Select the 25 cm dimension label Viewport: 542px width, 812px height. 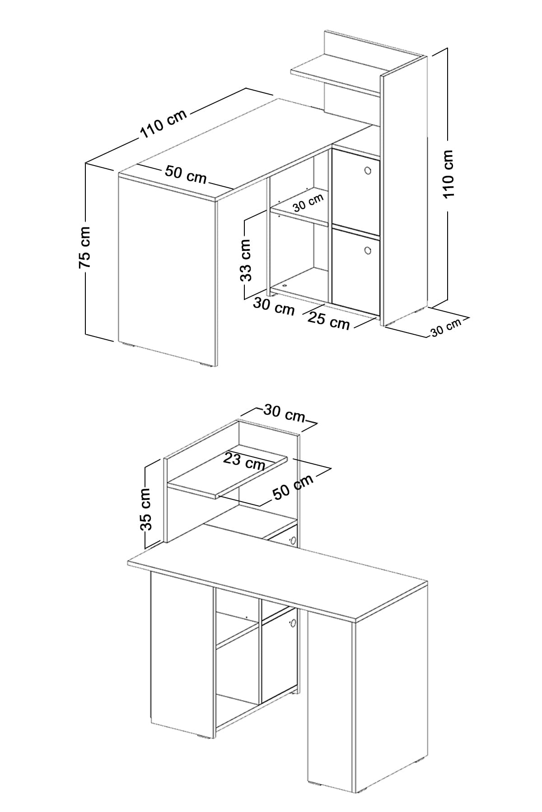tap(328, 320)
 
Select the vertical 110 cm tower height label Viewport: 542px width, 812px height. tap(448, 174)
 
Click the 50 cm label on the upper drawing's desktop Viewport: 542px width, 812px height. tap(185, 175)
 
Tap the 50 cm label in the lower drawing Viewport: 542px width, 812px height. tap(293, 487)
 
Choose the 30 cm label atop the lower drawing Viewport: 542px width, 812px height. tap(285, 413)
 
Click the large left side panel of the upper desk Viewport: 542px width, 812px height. tap(167, 269)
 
